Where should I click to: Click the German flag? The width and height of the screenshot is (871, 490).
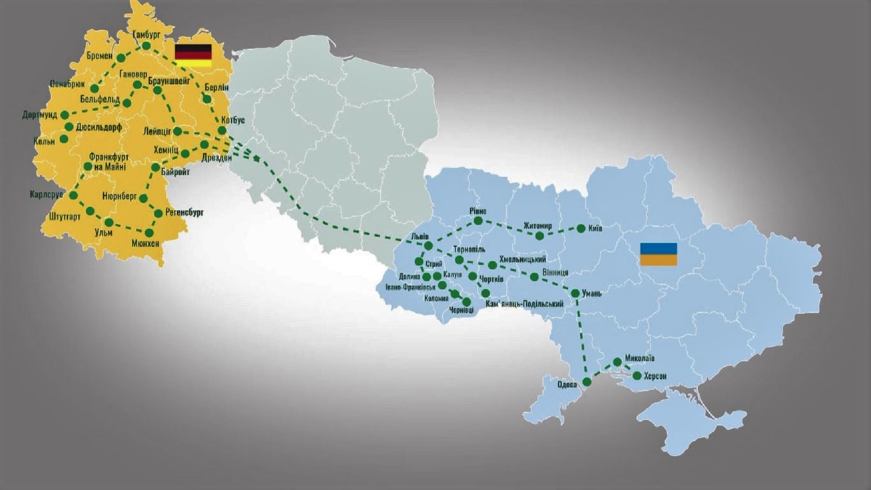tap(193, 55)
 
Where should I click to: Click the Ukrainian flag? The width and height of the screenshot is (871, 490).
tap(659, 255)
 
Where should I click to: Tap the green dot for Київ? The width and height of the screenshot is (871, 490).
tap(581, 229)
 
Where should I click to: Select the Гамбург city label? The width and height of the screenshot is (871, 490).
tap(146, 34)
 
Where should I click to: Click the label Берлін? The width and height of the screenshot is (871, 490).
tap(216, 88)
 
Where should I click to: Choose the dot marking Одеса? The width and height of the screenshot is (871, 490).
tap(587, 382)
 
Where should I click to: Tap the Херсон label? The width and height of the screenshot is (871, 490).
tap(655, 376)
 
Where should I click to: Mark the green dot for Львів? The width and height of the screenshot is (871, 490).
tap(428, 246)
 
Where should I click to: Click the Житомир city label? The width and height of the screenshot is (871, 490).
tap(537, 226)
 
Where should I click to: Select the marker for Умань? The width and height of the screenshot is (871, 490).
tap(575, 293)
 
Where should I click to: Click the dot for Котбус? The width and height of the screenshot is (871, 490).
tap(222, 130)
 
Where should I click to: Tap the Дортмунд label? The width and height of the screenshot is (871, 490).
tap(39, 115)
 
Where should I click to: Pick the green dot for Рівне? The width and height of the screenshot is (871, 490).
tap(478, 221)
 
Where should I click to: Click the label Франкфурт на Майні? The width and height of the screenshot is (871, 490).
tap(108, 162)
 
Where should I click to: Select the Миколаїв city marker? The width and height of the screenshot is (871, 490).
tap(617, 362)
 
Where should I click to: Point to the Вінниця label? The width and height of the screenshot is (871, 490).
tap(555, 273)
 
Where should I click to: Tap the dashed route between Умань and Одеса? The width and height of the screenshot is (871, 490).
tap(581, 339)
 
